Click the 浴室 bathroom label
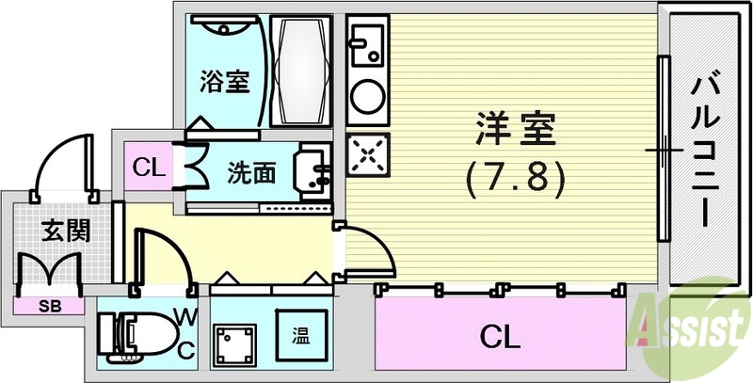pos(224,81)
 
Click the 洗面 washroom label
pos(251,172)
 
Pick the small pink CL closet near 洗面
pos(146,169)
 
